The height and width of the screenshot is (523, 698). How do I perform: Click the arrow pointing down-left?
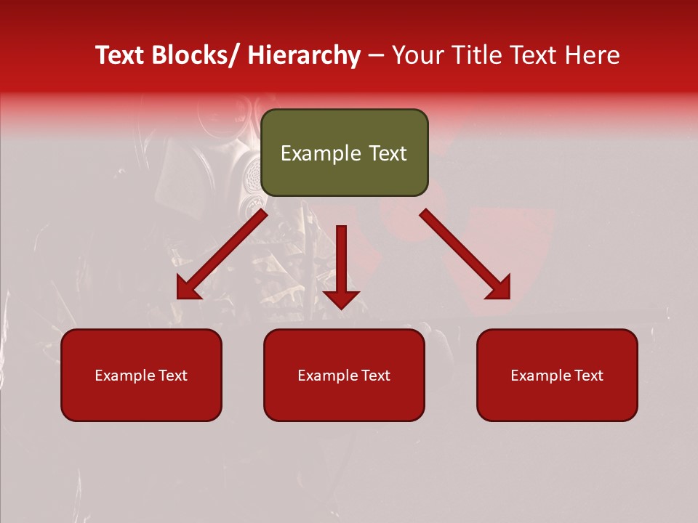tap(221, 255)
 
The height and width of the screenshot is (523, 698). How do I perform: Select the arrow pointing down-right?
tap(466, 255)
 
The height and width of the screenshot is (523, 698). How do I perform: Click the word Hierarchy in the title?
tap(304, 55)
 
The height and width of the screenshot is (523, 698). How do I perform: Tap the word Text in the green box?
tap(387, 154)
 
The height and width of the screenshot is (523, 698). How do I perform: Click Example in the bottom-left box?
tap(125, 376)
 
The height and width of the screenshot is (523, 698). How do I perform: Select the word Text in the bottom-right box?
tap(589, 376)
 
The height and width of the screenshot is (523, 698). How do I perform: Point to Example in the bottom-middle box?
tap(328, 376)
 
